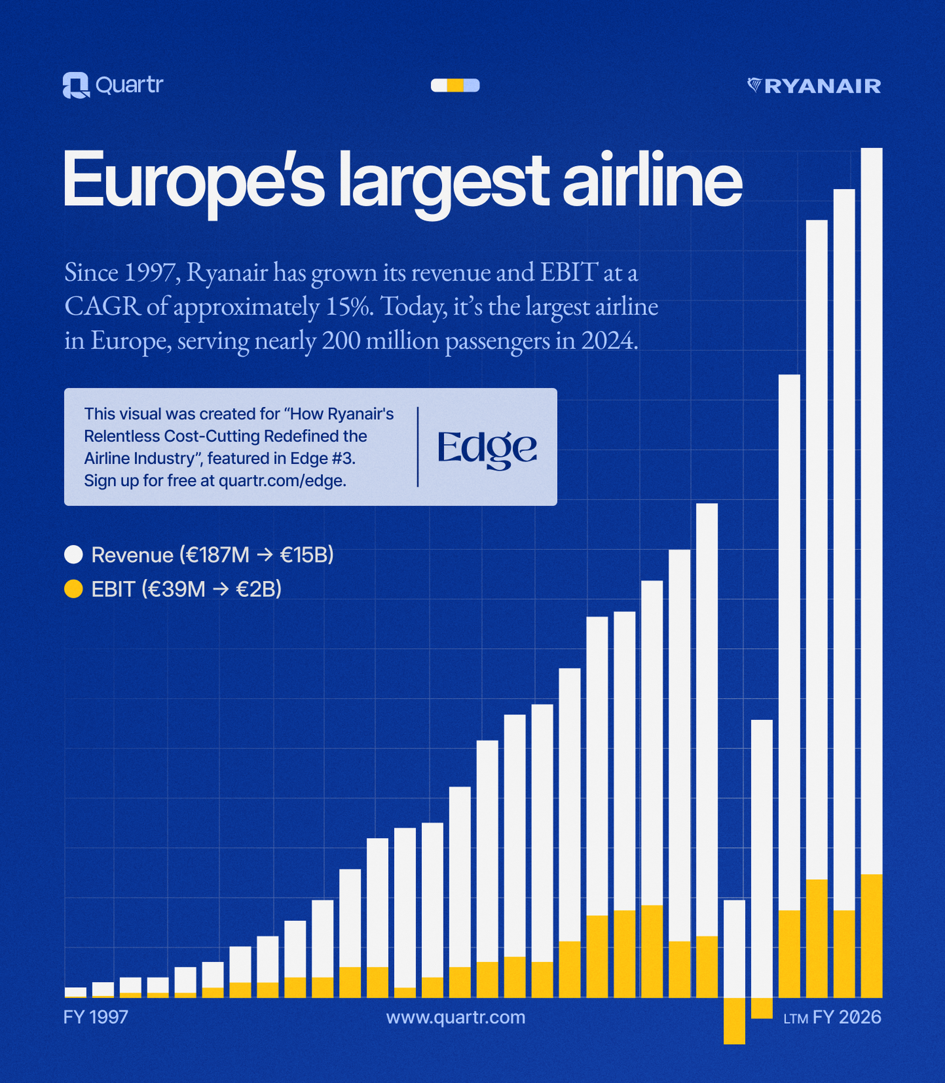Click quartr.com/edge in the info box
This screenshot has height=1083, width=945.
pyautogui.click(x=282, y=481)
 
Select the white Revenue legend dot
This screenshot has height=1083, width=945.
pyautogui.click(x=73, y=555)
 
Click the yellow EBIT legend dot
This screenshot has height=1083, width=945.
pyautogui.click(x=73, y=589)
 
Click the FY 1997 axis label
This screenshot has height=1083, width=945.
pyautogui.click(x=95, y=1017)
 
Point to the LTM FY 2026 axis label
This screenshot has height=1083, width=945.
pyautogui.click(x=832, y=1017)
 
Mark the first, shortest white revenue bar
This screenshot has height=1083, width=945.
pyautogui.click(x=75, y=992)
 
